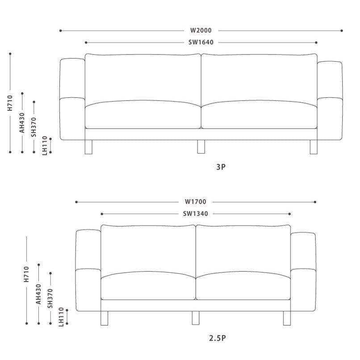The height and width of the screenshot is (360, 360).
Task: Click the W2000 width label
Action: point(201,30)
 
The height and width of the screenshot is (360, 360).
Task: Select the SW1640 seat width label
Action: point(201,42)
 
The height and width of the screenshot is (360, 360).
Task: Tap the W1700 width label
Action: point(196,202)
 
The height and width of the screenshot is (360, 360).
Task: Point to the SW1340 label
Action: point(196,214)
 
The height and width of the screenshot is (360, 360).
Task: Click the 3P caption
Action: point(221,167)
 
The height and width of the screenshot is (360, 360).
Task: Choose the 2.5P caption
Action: point(218,338)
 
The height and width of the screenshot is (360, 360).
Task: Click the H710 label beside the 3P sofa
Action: point(10,103)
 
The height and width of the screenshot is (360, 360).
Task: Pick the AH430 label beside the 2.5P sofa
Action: point(38,294)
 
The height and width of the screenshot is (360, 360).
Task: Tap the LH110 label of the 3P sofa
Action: point(45,146)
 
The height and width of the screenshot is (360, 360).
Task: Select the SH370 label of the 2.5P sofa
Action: point(50,298)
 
